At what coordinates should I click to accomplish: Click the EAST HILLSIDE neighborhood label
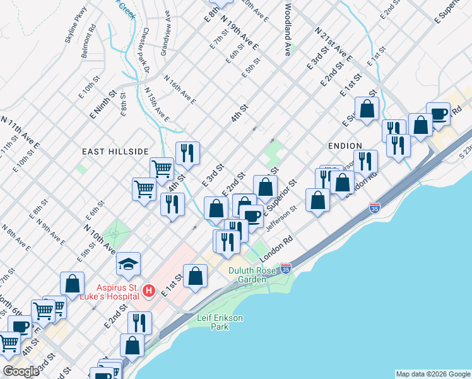[x=115, y=152]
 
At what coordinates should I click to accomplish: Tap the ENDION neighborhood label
[x=345, y=145]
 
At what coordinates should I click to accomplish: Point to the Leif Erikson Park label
[x=220, y=322]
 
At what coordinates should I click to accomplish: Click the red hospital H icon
[x=149, y=291]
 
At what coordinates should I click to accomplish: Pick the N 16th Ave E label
[x=180, y=90]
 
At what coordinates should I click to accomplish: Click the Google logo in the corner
[x=21, y=371]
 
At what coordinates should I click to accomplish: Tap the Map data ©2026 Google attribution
[x=432, y=374]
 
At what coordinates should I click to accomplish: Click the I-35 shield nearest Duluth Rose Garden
[x=285, y=268]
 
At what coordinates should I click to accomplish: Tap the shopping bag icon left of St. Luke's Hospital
[x=73, y=284]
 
